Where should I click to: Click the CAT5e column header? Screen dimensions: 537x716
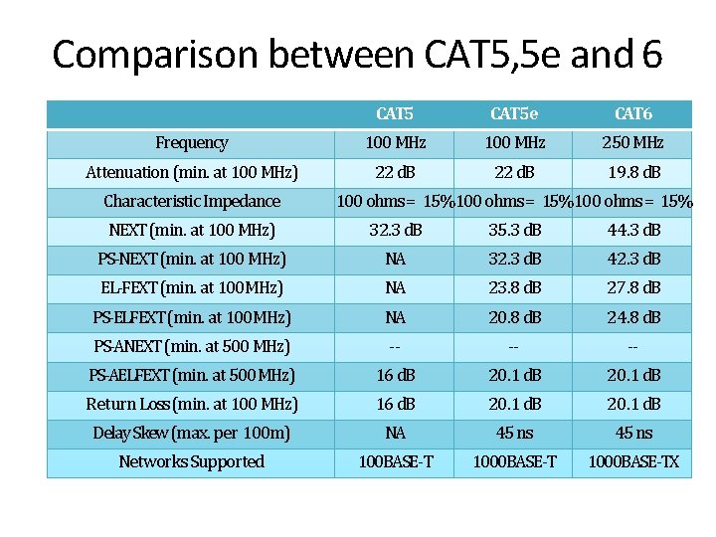tap(514, 113)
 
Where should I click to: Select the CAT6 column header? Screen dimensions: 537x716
tap(633, 113)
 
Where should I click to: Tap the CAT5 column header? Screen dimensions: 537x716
tap(395, 113)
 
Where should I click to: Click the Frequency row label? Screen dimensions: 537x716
tap(192, 143)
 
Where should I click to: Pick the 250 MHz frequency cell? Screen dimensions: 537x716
tap(633, 143)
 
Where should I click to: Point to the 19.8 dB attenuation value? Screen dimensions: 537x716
tap(633, 172)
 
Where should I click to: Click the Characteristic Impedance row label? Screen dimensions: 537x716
tap(192, 202)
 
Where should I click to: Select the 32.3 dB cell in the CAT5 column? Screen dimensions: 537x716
tap(395, 231)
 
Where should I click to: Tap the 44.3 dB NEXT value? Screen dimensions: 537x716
tap(633, 231)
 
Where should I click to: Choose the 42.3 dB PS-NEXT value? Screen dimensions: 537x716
tap(633, 260)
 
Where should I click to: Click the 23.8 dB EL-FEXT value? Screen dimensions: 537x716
tap(514, 288)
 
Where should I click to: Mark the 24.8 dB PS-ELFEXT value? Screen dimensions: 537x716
tap(633, 318)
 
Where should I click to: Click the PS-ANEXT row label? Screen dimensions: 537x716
tap(192, 347)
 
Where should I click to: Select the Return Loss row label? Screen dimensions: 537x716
tap(192, 405)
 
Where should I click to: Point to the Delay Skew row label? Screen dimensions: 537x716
tap(192, 434)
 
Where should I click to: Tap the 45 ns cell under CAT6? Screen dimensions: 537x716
tap(633, 434)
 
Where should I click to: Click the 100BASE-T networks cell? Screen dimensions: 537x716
tap(395, 462)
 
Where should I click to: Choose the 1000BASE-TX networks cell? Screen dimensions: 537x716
tap(633, 462)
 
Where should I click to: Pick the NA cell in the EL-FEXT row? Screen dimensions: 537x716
tap(395, 288)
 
